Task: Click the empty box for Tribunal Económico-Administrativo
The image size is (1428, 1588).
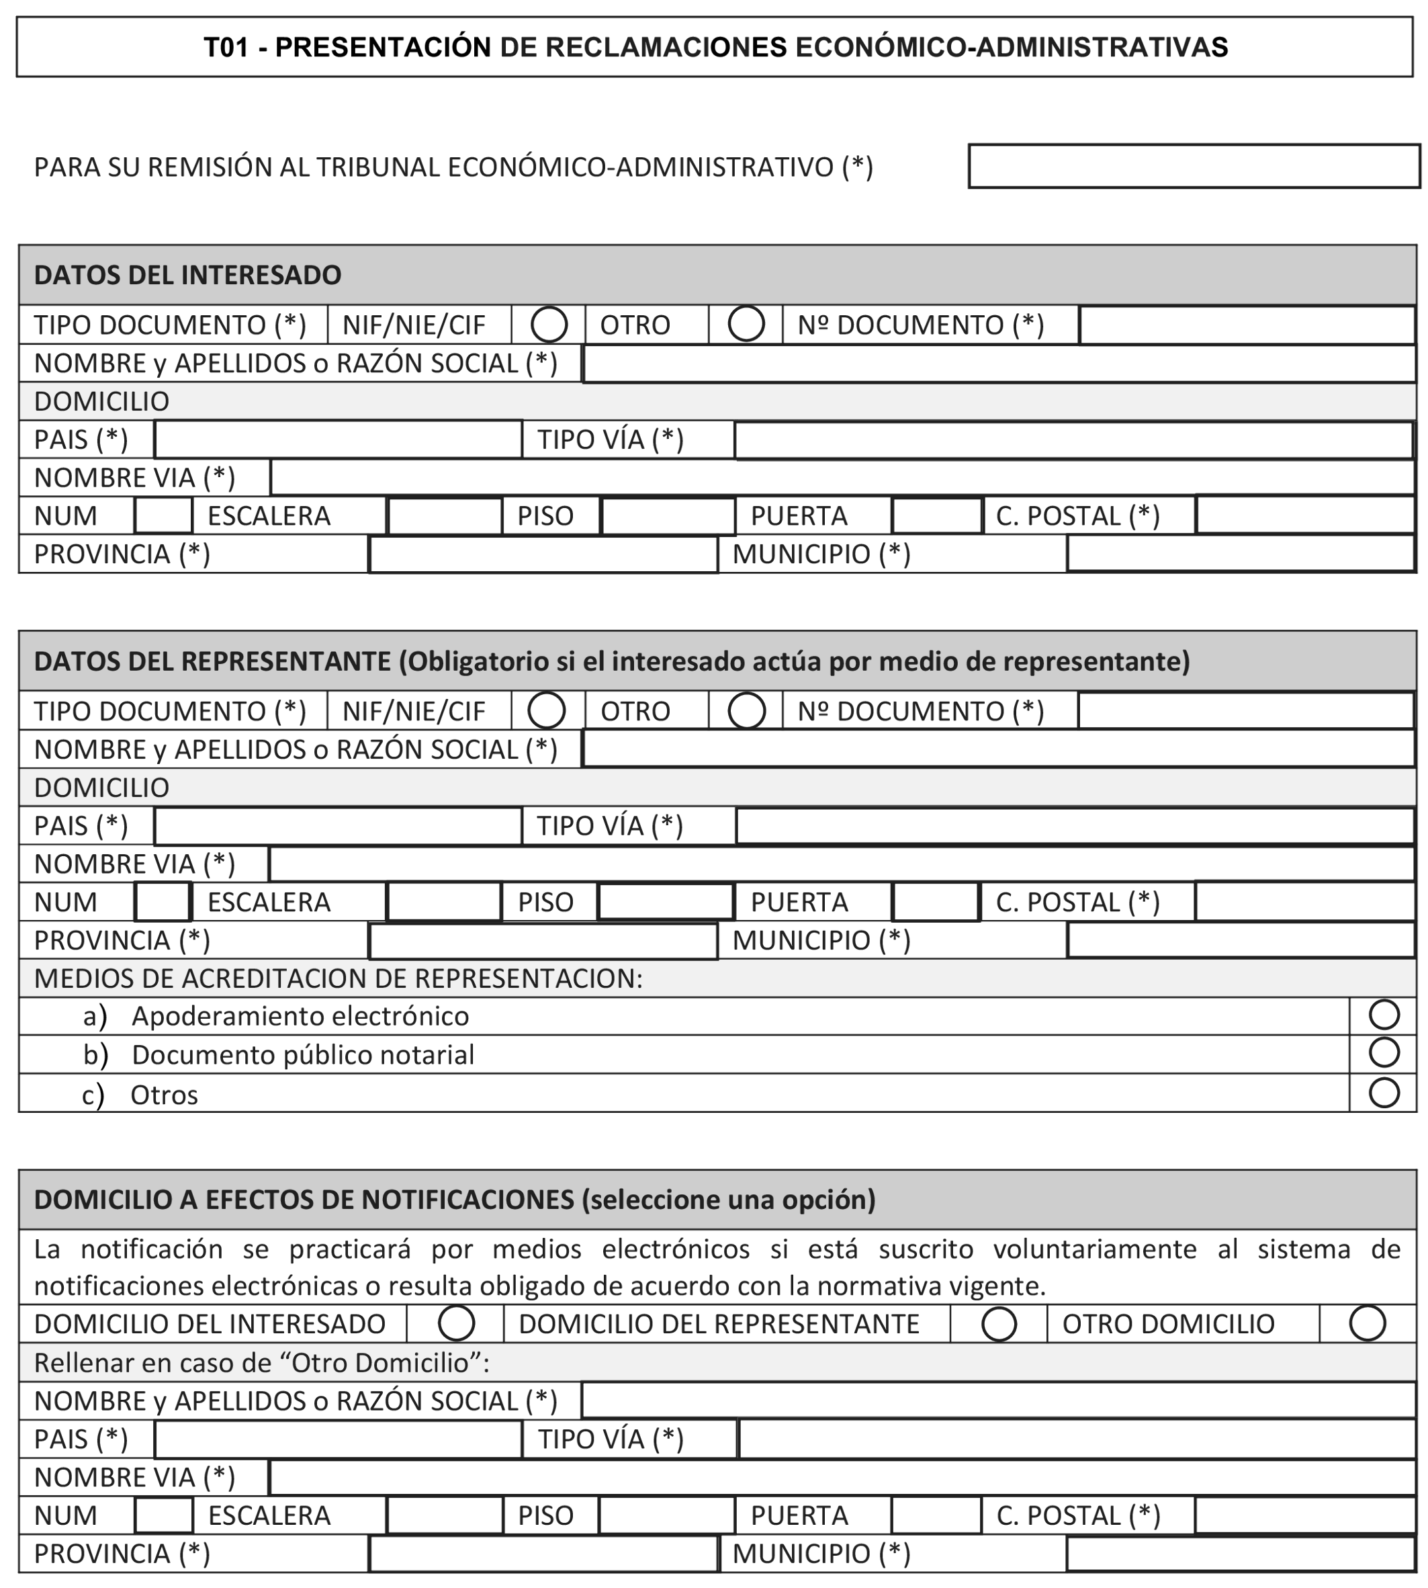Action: point(1194,167)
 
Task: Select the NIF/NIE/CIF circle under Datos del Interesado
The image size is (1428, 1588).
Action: point(549,324)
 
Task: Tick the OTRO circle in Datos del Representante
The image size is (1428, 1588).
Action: point(746,710)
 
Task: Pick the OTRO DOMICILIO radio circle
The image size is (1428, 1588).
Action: point(1367,1323)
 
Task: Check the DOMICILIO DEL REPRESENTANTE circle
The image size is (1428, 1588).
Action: point(999,1323)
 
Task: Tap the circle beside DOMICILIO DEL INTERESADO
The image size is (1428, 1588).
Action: point(456,1323)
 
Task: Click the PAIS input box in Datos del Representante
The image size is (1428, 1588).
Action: point(338,826)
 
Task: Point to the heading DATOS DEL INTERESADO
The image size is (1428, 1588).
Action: point(187,275)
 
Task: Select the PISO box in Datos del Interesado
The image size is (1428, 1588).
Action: point(668,515)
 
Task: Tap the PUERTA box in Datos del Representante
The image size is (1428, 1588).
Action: point(935,902)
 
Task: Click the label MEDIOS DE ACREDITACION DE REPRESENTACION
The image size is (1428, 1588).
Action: point(338,978)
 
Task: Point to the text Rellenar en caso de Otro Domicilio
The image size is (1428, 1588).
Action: point(261,1363)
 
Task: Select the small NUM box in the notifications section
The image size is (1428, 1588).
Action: point(163,1515)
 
